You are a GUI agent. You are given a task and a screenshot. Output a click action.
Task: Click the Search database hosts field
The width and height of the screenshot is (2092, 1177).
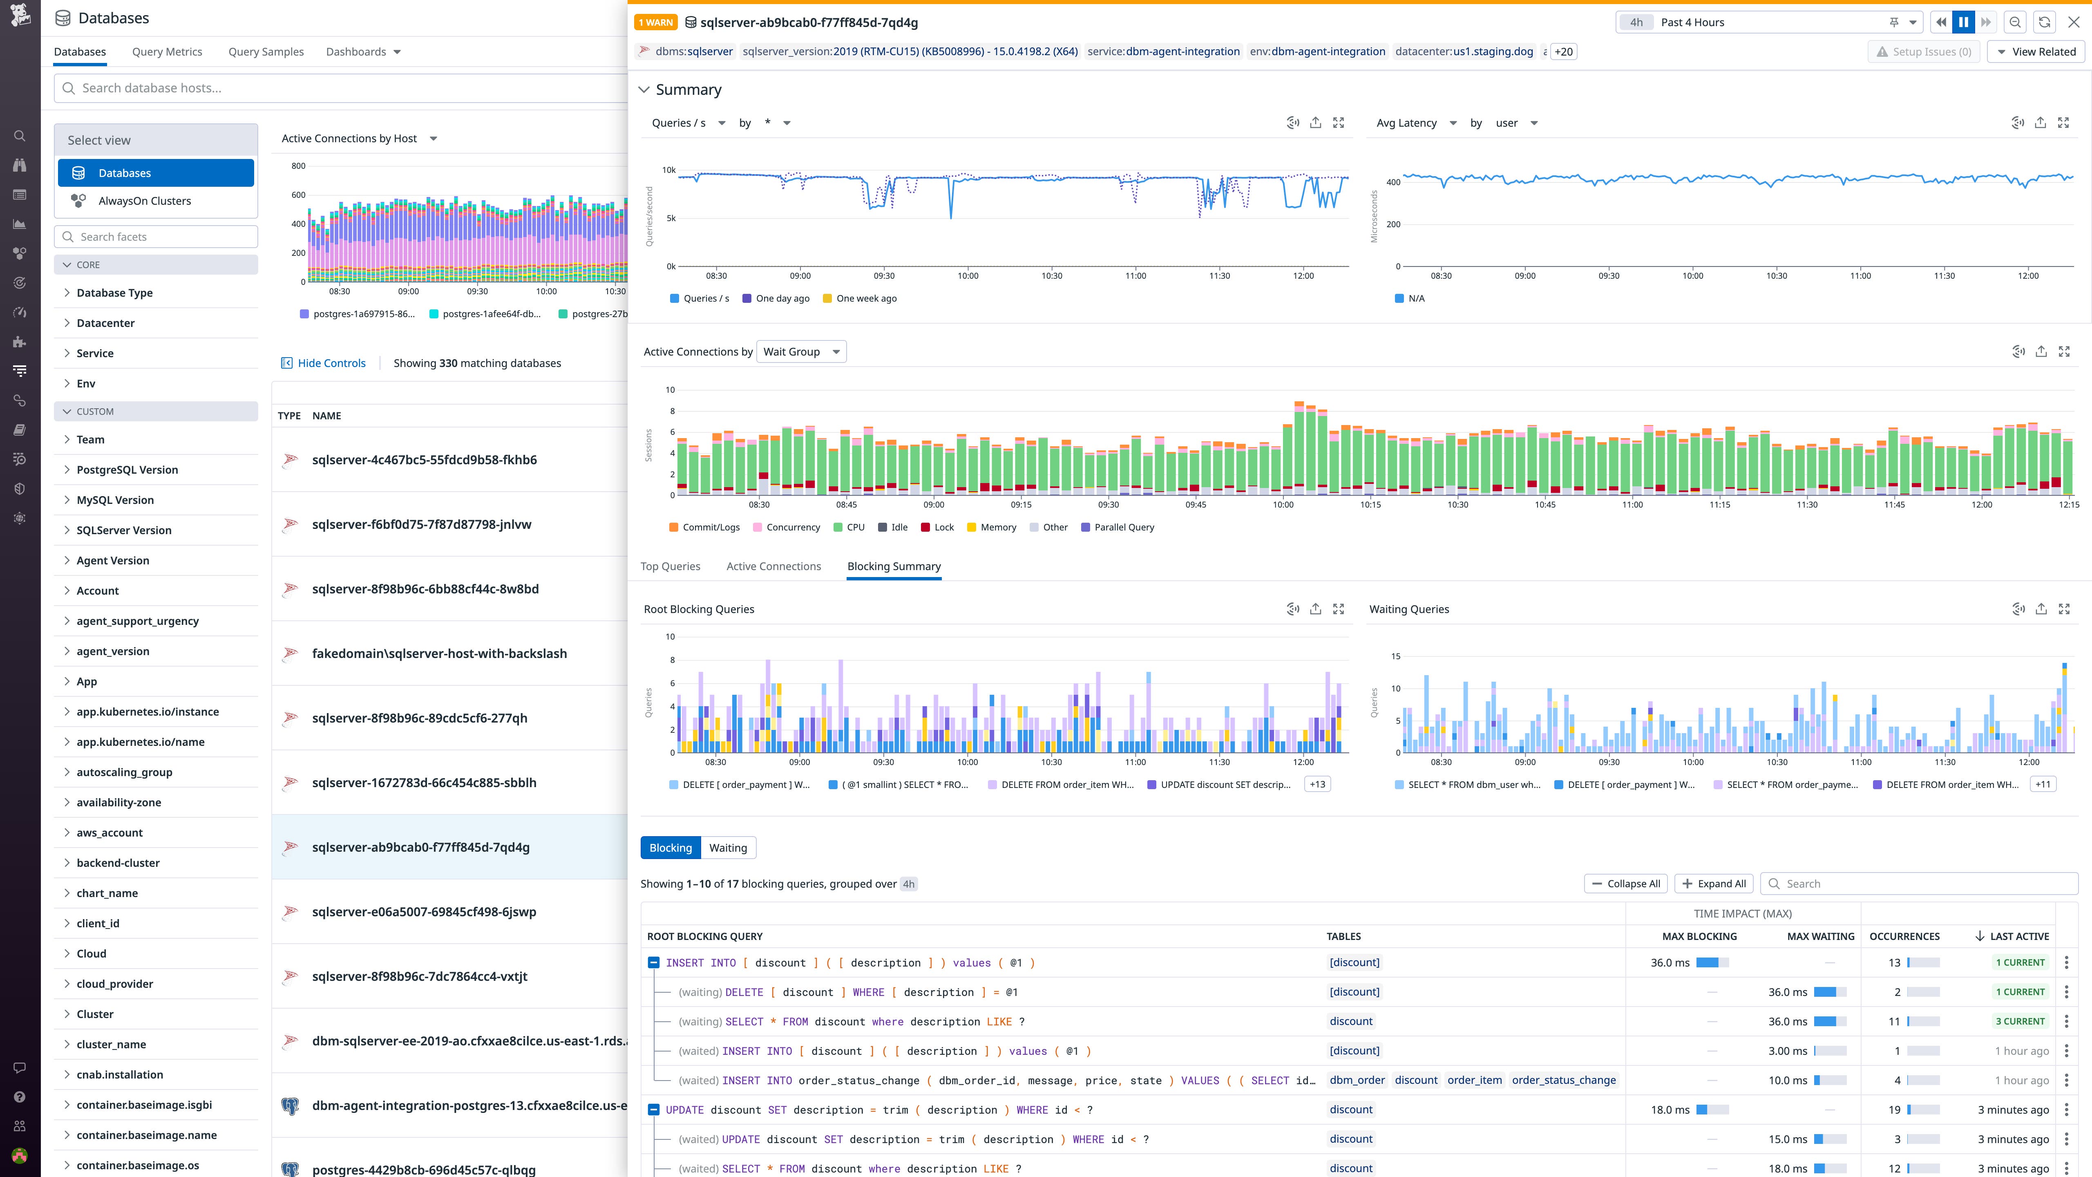point(341,88)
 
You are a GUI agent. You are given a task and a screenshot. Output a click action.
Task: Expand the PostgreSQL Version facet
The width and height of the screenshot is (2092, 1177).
point(127,470)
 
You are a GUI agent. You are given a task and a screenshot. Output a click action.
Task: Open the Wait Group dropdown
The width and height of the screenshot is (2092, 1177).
point(801,352)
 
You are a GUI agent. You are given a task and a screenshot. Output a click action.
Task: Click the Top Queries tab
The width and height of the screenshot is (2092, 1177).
point(670,566)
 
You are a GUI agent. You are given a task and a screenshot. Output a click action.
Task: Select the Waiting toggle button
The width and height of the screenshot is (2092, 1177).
point(728,848)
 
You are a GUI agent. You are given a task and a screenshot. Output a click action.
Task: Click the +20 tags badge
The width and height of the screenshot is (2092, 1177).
point(1563,52)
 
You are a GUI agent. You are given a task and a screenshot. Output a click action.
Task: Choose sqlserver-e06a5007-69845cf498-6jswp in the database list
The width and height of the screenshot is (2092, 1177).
point(424,911)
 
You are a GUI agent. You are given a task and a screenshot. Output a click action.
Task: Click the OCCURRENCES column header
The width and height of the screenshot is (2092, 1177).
point(1904,937)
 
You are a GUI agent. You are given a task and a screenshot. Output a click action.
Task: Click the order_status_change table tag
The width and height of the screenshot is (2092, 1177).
point(1563,1080)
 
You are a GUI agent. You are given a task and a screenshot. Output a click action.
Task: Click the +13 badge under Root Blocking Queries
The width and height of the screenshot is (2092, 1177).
point(1317,785)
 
